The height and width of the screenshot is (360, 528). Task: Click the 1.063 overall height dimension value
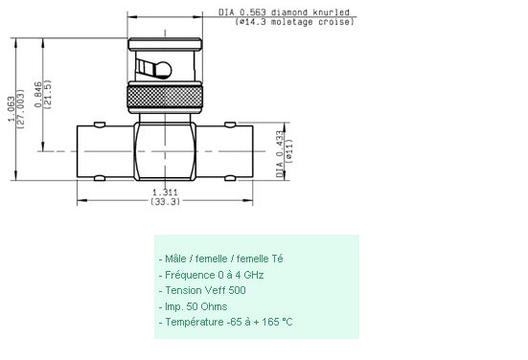(x=11, y=109)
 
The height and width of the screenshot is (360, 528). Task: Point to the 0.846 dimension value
(x=38, y=95)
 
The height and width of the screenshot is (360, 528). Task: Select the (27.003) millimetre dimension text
(x=21, y=109)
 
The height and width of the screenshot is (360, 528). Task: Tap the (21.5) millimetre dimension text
(x=48, y=94)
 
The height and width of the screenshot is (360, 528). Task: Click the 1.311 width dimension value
(x=165, y=192)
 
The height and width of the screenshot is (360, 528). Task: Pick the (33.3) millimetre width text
(x=165, y=201)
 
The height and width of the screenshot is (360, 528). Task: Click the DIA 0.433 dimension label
(x=280, y=154)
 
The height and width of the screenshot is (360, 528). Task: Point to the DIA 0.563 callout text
(x=242, y=12)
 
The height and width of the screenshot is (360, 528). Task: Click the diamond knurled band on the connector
(x=165, y=97)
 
